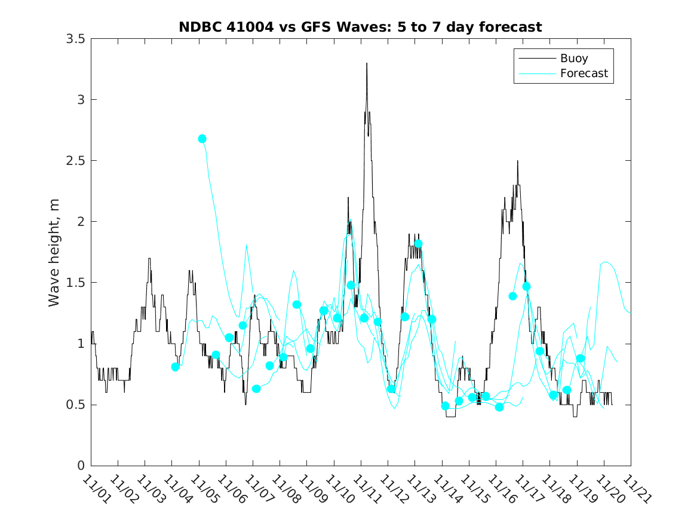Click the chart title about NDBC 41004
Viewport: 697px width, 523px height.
click(x=360, y=27)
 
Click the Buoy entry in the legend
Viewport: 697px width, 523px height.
click(x=573, y=59)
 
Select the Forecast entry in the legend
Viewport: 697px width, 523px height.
click(x=584, y=74)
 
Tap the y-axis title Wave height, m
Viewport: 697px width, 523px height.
click(x=54, y=253)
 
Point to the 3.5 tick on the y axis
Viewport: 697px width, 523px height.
click(x=75, y=38)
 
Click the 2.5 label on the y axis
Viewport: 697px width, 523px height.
click(x=75, y=160)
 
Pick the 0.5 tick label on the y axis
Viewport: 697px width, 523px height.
click(x=75, y=405)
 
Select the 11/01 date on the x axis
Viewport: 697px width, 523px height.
click(x=96, y=490)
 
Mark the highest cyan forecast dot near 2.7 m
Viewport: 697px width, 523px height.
click(x=202, y=139)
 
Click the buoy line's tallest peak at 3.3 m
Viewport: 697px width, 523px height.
click(x=367, y=63)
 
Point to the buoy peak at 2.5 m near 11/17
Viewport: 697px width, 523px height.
click(x=517, y=161)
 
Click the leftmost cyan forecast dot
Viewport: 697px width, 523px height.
click(x=175, y=367)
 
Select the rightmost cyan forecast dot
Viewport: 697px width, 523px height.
click(x=580, y=359)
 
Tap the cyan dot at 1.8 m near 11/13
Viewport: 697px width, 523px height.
click(x=418, y=244)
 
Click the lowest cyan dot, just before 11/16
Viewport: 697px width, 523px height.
click(x=499, y=407)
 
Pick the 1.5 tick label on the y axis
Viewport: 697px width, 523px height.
click(x=75, y=283)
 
